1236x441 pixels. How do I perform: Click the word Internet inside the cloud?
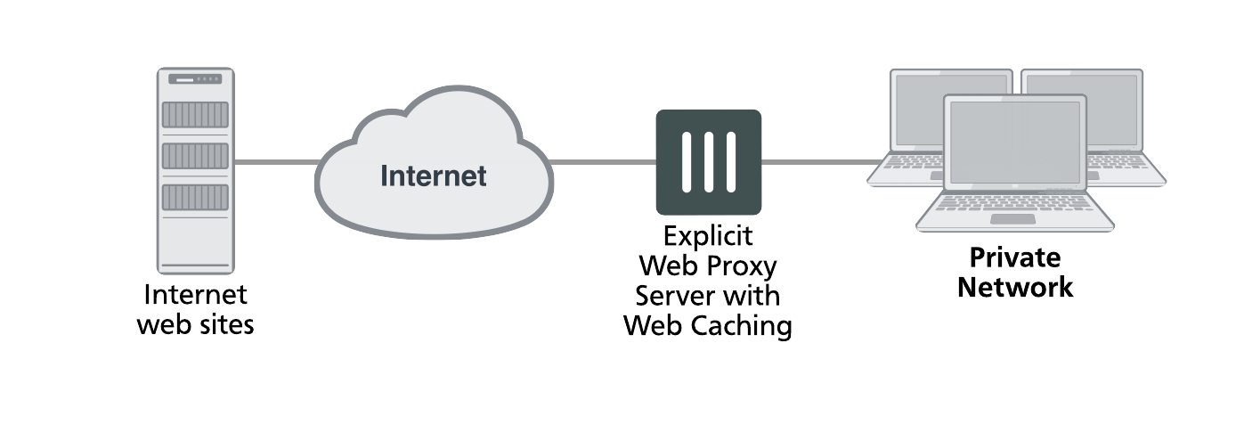point(433,176)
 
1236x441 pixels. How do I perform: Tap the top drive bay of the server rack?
point(195,115)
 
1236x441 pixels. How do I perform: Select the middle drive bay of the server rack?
point(195,156)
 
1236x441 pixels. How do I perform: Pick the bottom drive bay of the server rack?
point(195,197)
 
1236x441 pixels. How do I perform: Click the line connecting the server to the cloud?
point(276,163)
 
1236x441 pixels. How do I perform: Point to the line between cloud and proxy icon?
point(604,163)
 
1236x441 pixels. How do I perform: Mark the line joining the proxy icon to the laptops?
point(815,163)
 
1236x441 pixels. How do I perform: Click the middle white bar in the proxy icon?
point(709,162)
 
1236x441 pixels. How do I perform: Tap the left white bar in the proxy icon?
point(687,162)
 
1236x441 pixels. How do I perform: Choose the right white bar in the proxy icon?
point(731,162)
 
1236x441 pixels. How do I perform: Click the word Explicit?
point(708,237)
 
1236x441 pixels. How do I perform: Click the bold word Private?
point(1014,258)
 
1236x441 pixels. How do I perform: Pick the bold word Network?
point(1014,288)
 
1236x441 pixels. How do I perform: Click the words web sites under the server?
point(195,324)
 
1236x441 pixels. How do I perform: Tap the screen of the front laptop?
point(1014,143)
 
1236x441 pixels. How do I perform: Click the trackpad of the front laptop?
point(1013,219)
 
